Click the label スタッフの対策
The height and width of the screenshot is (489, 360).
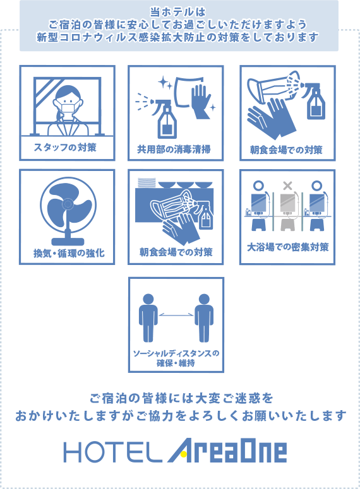pos(65,147)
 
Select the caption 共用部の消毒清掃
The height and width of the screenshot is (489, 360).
pos(174,149)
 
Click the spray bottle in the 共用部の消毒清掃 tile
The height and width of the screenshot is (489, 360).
pos(166,119)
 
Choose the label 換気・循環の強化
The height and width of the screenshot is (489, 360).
pos(69,253)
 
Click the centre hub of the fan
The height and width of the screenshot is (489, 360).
pos(67,204)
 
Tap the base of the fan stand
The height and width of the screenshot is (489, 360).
pos(68,242)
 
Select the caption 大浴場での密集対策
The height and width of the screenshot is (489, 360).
pos(287,247)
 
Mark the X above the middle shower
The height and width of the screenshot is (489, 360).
pos(287,186)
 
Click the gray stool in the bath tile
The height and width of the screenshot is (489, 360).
pos(287,225)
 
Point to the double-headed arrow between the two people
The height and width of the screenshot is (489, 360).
pos(176,315)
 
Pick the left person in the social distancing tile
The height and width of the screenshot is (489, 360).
pos(148,317)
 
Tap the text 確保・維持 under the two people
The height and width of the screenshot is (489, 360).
pos(176,363)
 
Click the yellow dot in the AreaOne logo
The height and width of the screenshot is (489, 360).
pos(184,454)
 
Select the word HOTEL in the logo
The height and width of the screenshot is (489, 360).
pos(113,452)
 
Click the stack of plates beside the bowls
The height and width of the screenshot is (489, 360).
pos(147,183)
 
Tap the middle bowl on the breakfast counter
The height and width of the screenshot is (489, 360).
pos(186,185)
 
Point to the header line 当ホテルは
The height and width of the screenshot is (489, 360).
pos(178,12)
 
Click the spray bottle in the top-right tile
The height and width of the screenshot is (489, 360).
pos(315,101)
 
